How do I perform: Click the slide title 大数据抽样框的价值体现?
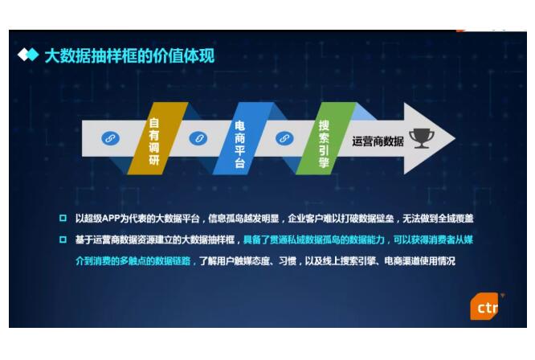pyautogui.click(x=129, y=56)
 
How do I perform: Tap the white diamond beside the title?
pyautogui.click(x=22, y=55)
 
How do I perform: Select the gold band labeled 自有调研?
pyautogui.click(x=157, y=138)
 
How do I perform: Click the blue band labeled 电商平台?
pyautogui.click(x=243, y=138)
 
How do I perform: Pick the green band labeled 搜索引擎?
pyautogui.click(x=326, y=138)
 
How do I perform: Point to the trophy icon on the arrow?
pyautogui.click(x=422, y=138)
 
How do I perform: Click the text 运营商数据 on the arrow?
pyautogui.click(x=378, y=141)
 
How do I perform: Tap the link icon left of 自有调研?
pyautogui.click(x=111, y=138)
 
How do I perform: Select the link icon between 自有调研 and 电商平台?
pyautogui.click(x=198, y=138)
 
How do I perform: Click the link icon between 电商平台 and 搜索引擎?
pyautogui.click(x=284, y=138)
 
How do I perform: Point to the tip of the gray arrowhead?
pyautogui.click(x=455, y=138)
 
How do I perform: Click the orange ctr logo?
pyautogui.click(x=484, y=306)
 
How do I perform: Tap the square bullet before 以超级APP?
pyautogui.click(x=63, y=218)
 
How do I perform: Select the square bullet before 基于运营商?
pyautogui.click(x=63, y=239)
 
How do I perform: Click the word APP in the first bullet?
pyautogui.click(x=111, y=219)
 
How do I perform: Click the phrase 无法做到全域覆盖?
pyautogui.click(x=438, y=219)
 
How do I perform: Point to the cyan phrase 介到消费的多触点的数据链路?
pyautogui.click(x=133, y=261)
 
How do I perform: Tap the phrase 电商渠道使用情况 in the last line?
pyautogui.click(x=419, y=261)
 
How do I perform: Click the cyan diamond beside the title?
pyautogui.click(x=33, y=55)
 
